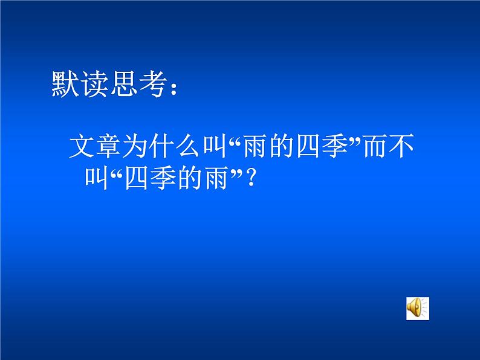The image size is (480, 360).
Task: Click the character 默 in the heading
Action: pos(65,85)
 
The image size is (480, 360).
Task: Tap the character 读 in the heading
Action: pos(94,85)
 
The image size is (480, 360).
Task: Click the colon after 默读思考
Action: pos(174,89)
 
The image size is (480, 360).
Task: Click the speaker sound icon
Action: pos(417,307)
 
